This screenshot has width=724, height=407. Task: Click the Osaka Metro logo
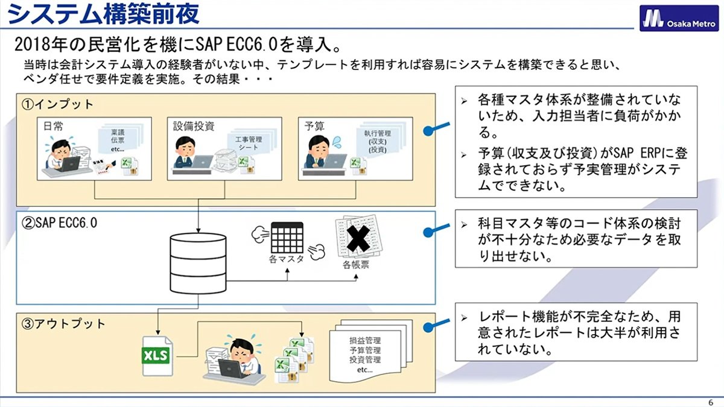coord(679,19)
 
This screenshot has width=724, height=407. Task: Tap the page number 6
coord(711,402)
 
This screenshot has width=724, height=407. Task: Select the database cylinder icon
coord(198,263)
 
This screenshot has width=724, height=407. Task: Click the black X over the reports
coord(358,239)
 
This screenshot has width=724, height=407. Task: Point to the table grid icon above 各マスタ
coord(287,238)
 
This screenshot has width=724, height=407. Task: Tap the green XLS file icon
coord(157,356)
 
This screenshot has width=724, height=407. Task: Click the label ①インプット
coord(57,104)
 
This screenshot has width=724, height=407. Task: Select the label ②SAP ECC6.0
coord(59,223)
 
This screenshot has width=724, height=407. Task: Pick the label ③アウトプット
coord(63,324)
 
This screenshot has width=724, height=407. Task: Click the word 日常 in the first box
coord(53,126)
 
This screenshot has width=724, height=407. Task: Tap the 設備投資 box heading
coord(194,126)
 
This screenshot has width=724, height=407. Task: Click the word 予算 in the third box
coord(314,126)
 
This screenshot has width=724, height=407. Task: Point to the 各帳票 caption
coord(356,265)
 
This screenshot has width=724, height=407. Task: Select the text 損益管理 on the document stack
coord(365,341)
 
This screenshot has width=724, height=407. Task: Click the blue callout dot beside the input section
coord(428,131)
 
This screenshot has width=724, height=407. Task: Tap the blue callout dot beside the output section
coord(428,327)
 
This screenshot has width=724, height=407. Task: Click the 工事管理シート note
coord(248,144)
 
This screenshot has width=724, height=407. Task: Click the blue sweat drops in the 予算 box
coord(337,142)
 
